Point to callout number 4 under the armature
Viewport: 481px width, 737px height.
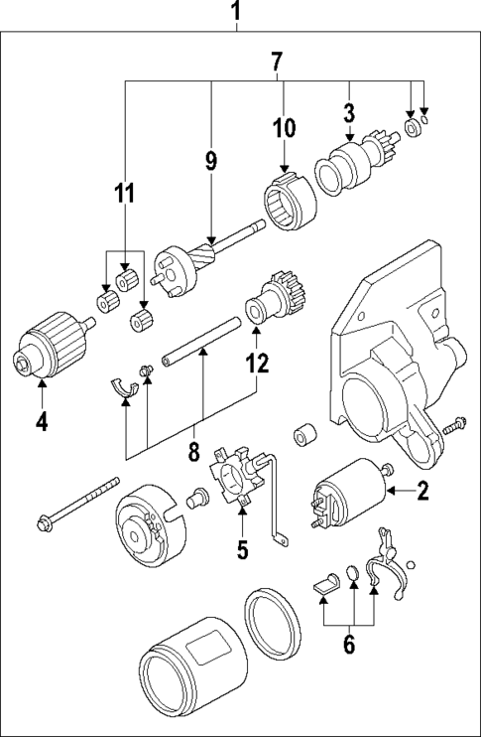click(41, 421)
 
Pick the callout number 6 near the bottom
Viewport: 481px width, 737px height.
click(348, 645)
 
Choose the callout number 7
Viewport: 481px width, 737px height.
click(278, 62)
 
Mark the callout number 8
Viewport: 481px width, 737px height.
click(194, 454)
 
